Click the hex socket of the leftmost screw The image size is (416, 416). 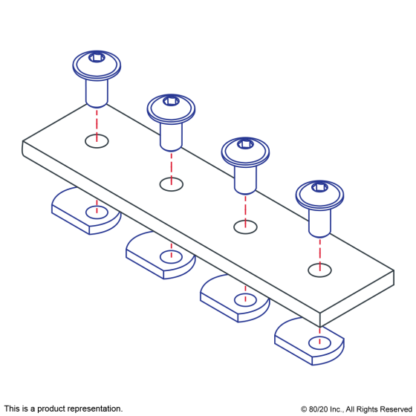pyautogui.click(x=97, y=57)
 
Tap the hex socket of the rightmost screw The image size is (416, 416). pyautogui.click(x=319, y=187)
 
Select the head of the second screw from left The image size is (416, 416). pyautogui.click(x=171, y=109)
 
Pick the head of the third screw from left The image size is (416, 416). pyautogui.click(x=245, y=152)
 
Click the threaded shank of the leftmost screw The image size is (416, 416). pyautogui.click(x=97, y=94)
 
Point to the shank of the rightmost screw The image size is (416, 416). pyautogui.click(x=319, y=223)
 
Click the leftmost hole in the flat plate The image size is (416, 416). pyautogui.click(x=97, y=141)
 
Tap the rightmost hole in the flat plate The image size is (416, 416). pyautogui.click(x=319, y=270)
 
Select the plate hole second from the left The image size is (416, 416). pyautogui.click(x=172, y=184)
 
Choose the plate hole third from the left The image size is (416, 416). pyautogui.click(x=245, y=227)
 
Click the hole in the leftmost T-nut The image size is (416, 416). pyautogui.click(x=97, y=212)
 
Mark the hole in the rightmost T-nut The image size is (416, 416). pyautogui.click(x=319, y=343)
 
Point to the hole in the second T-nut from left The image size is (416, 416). pyautogui.click(x=171, y=257)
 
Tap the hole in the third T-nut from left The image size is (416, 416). pyautogui.click(x=245, y=300)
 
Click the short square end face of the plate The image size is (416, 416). pyautogui.click(x=357, y=299)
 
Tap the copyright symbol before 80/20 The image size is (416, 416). pyautogui.click(x=304, y=409)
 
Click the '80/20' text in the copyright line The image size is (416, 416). pyautogui.click(x=319, y=409)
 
